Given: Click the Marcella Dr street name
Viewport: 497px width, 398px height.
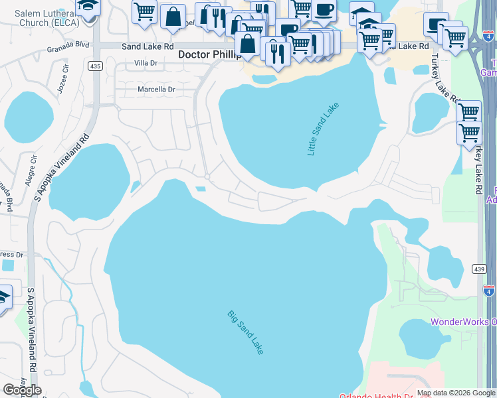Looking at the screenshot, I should [x=156, y=89].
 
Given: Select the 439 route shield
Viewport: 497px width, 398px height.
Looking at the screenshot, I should [x=480, y=269].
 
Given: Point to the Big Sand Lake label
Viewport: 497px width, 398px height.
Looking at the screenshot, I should [x=245, y=332].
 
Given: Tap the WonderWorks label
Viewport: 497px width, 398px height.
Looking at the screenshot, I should [x=463, y=322].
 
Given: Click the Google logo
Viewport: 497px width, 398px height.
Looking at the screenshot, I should [x=22, y=389].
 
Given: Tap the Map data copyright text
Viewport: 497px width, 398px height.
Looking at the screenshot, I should [x=455, y=393].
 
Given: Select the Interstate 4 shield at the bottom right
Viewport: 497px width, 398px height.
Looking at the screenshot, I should [x=489, y=290].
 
